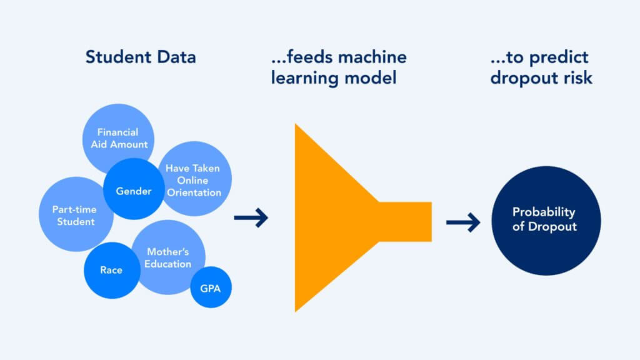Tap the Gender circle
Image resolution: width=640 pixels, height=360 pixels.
pyautogui.click(x=134, y=191)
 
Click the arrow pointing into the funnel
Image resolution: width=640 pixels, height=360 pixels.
pyautogui.click(x=251, y=218)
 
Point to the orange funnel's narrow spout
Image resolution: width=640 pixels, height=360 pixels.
pyautogui.click(x=406, y=221)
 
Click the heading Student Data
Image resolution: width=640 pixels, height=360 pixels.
pyautogui.click(x=141, y=57)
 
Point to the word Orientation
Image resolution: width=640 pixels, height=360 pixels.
pyautogui.click(x=194, y=192)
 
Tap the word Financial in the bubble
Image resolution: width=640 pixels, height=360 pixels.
pyautogui.click(x=118, y=132)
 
